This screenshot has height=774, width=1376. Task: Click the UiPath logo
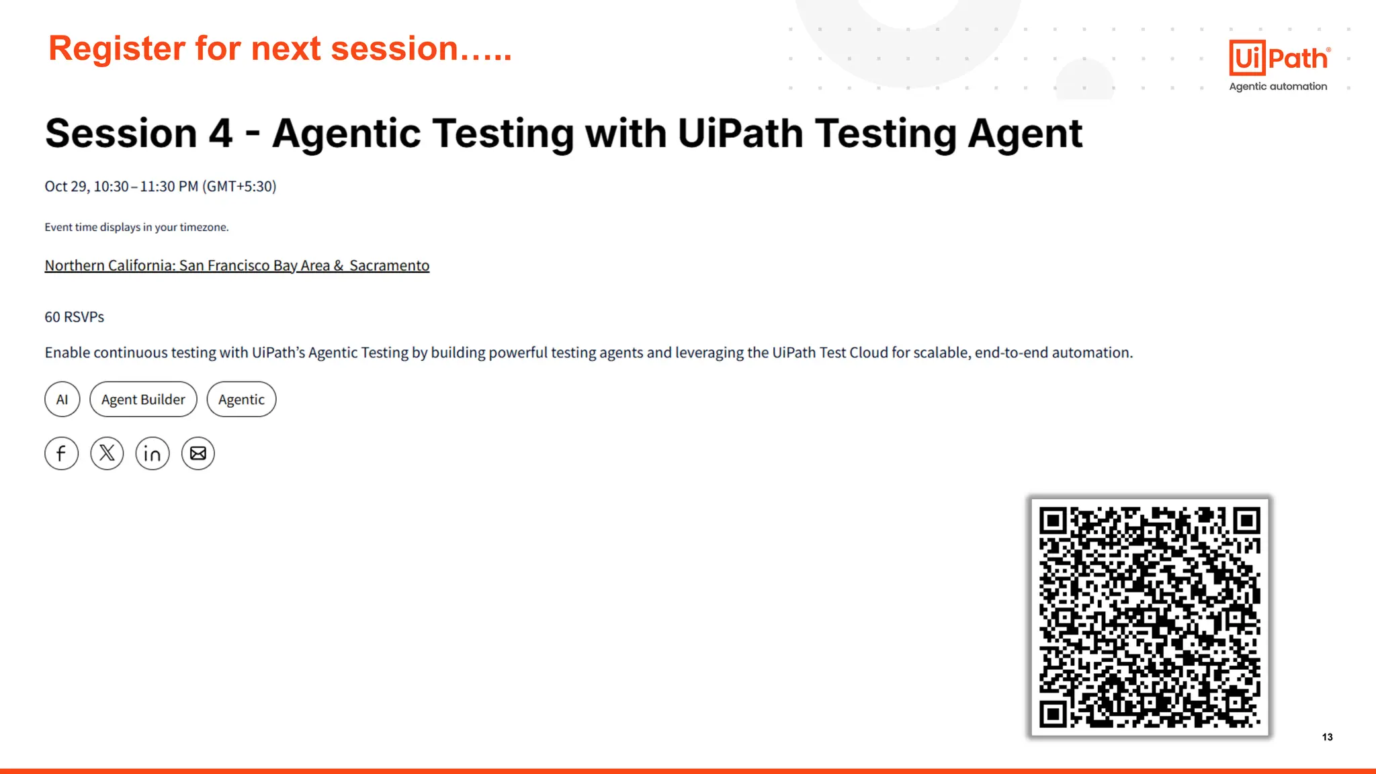pos(1279,58)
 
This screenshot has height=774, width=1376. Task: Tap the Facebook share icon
pos(61,454)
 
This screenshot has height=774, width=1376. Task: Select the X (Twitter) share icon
pos(107,454)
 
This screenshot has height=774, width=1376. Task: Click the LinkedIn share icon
pos(153,454)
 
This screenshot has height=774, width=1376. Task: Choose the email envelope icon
pos(198,454)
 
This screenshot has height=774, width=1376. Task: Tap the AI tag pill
pos(62,400)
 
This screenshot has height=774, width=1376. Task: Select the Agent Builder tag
pos(143,400)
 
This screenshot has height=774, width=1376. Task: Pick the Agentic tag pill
pos(241,400)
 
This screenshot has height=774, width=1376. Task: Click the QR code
pos(1150,617)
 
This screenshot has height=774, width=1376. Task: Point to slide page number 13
pos(1327,737)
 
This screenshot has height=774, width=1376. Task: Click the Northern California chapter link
pos(236,265)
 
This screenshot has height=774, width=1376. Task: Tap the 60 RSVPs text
pos(75,317)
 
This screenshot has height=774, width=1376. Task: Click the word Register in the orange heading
pos(117,49)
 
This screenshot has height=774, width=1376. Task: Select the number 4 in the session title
pos(220,133)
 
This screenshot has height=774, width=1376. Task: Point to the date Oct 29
pos(67,186)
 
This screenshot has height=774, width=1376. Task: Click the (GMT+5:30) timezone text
pos(239,186)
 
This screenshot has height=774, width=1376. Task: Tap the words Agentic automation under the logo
pos(1278,86)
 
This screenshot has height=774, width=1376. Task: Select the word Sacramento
pos(389,265)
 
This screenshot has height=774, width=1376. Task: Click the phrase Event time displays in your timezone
pos(136,227)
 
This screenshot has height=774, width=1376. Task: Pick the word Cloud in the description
pos(869,353)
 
